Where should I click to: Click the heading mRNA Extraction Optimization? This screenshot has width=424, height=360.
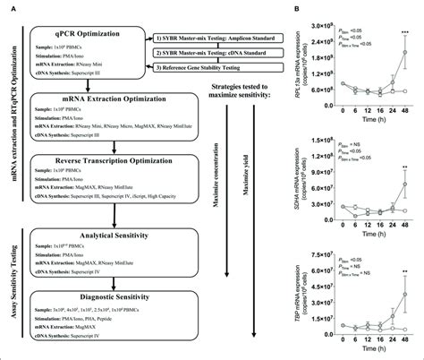98,93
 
